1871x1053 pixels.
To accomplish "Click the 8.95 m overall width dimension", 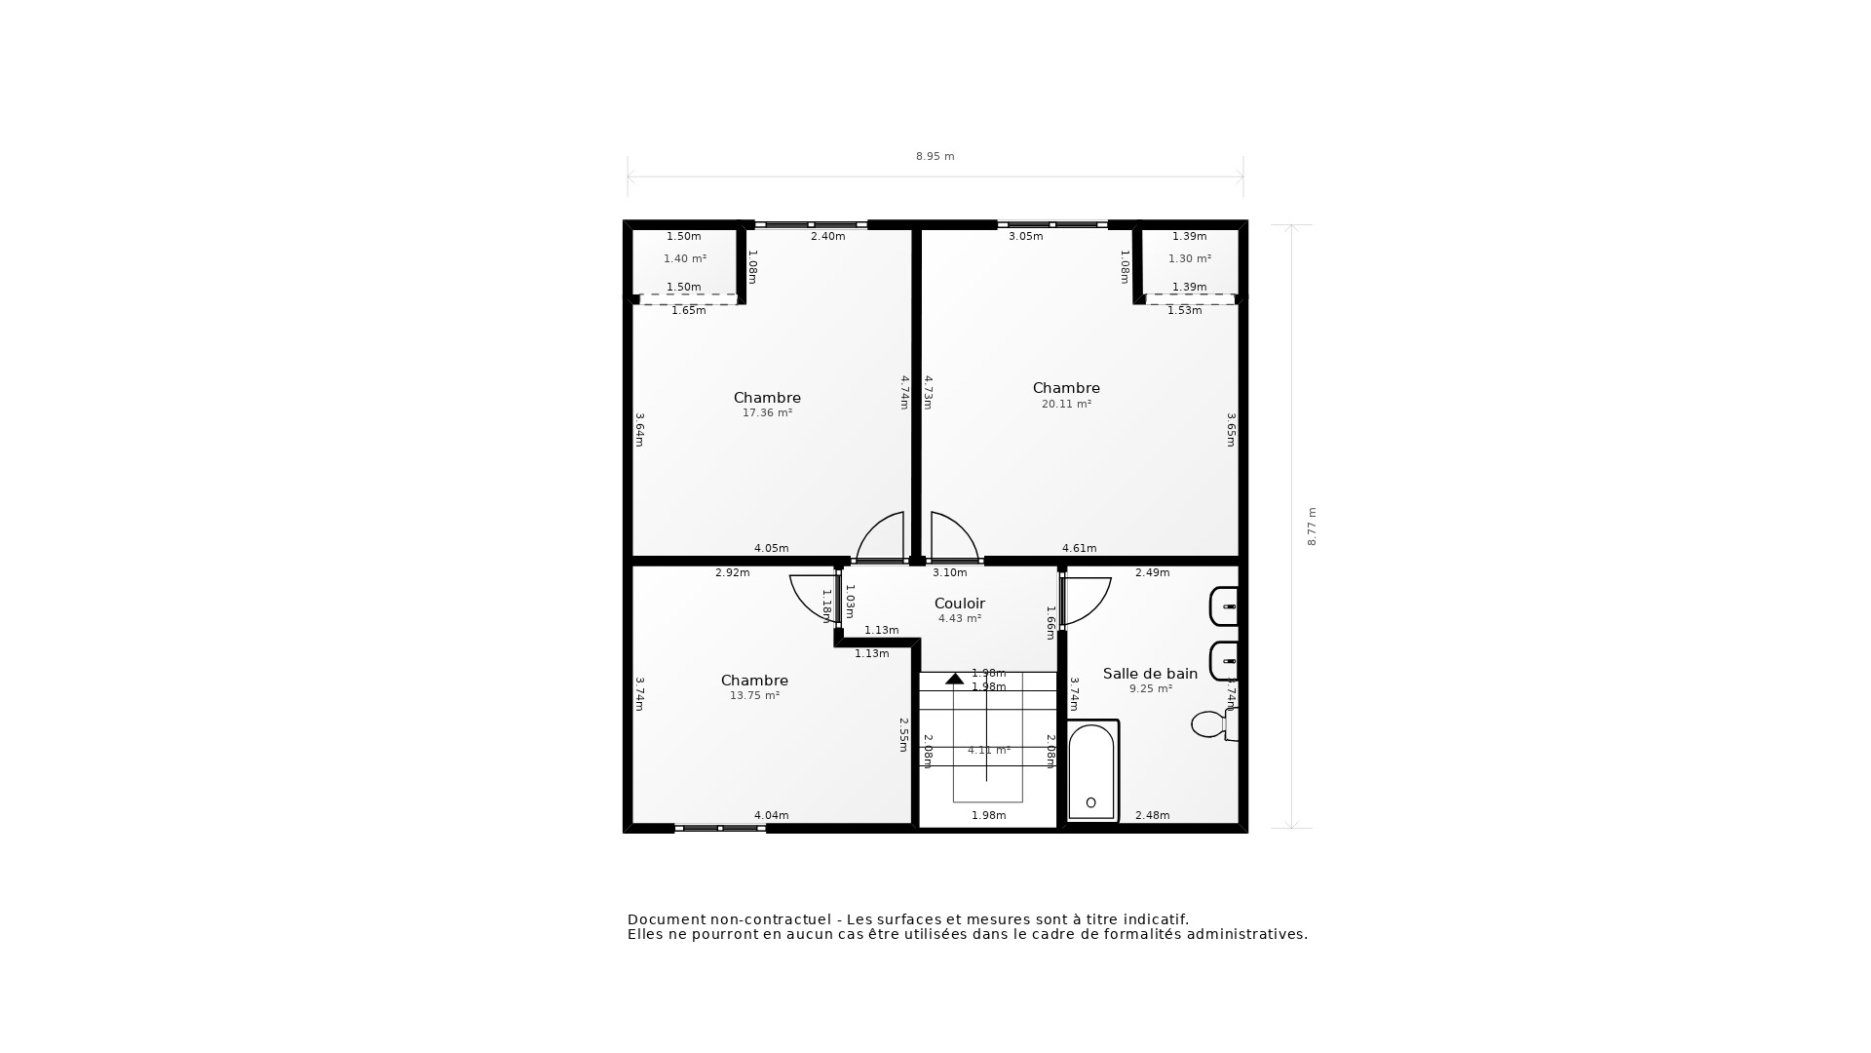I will (x=935, y=156).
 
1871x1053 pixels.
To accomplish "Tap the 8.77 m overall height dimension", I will (x=1312, y=526).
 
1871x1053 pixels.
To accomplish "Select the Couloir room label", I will (x=959, y=604).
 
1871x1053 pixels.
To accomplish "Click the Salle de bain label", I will (x=1150, y=674).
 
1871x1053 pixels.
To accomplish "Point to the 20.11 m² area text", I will (x=1066, y=404).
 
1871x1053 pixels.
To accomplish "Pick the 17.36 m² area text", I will (x=767, y=413).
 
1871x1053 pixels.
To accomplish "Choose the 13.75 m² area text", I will (x=754, y=696).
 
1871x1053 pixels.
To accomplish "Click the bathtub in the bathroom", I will (x=1091, y=770).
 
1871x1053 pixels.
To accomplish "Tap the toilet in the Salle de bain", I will (x=1210, y=724).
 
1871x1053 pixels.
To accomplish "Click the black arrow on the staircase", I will (x=954, y=679).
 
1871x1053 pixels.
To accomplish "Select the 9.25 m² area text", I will (x=1150, y=689).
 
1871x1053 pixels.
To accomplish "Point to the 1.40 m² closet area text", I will (x=684, y=259).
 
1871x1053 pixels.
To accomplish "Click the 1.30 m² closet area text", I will (x=1189, y=259).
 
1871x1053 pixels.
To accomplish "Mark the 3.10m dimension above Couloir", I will (x=949, y=573).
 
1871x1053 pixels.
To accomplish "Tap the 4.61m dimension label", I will (x=1079, y=548).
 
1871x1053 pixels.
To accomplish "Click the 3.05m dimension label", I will (x=1025, y=237).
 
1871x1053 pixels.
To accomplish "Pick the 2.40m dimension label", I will (x=827, y=237).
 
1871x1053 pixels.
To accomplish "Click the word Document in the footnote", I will (x=666, y=919).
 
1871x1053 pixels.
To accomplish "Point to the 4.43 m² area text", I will (x=959, y=619).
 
